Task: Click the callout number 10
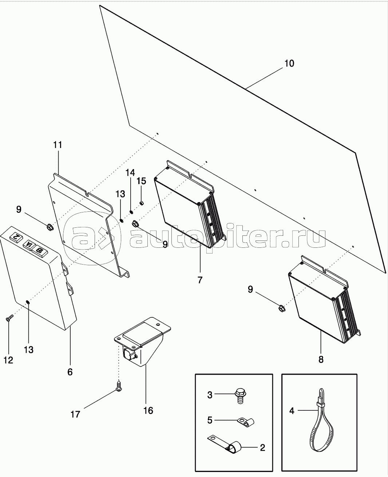289,63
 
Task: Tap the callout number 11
58,145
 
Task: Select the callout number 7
200,280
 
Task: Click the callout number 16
148,411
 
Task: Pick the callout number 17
75,414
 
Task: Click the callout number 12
8,360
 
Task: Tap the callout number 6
70,372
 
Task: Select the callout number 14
130,173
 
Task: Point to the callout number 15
141,181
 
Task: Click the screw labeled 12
9,318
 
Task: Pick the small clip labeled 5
246,422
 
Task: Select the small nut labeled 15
141,203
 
